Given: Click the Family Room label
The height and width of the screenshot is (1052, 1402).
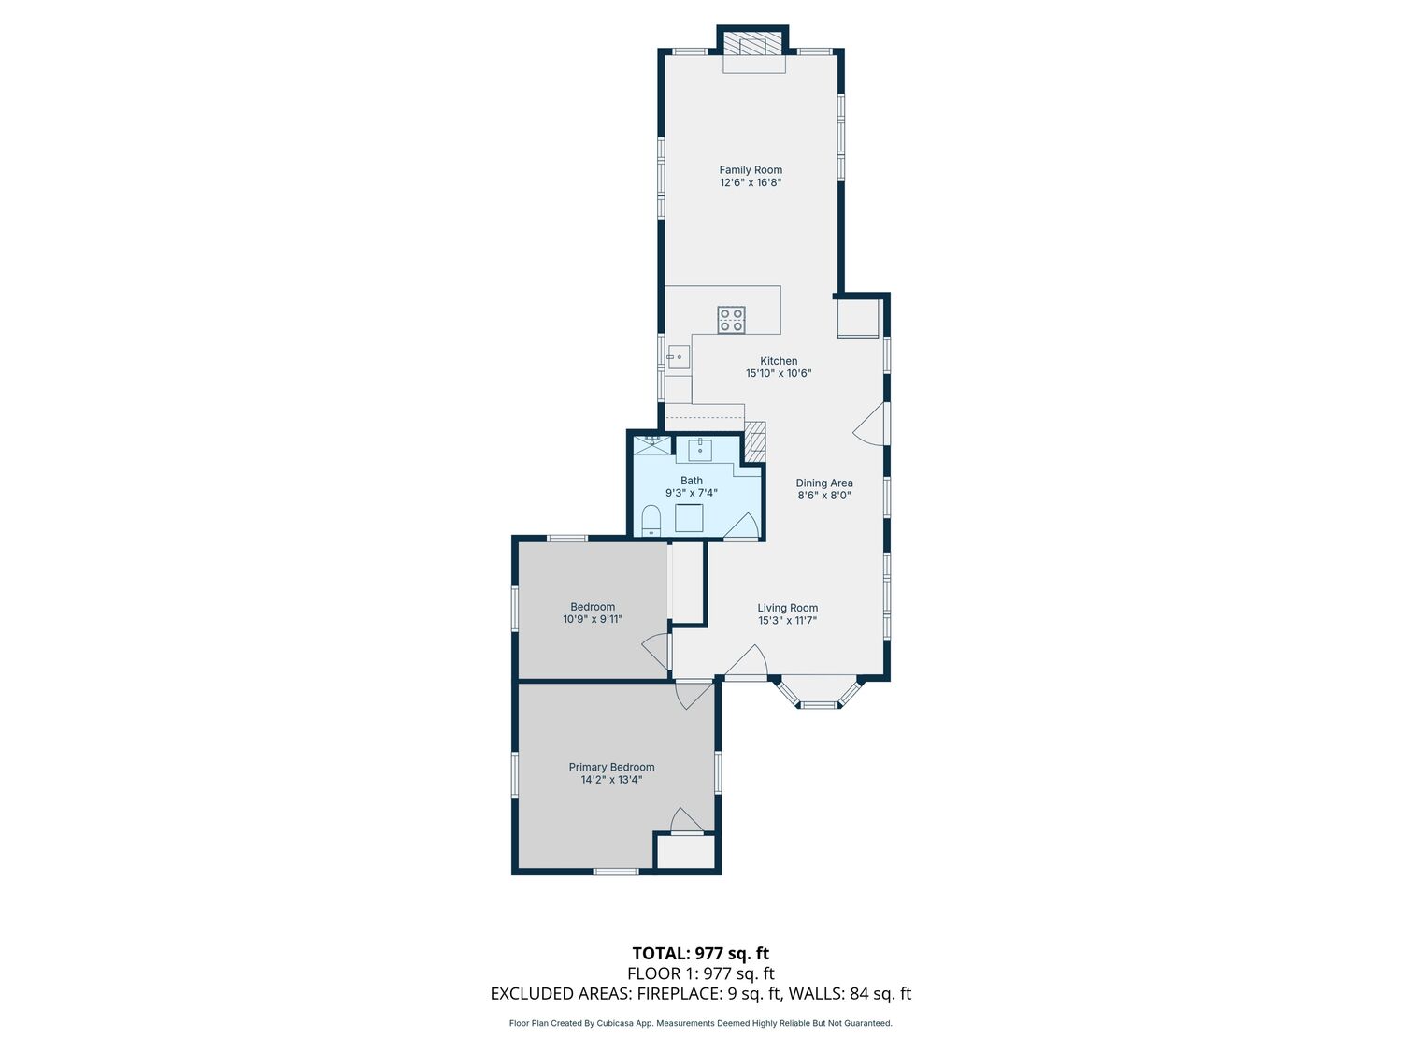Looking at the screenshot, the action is point(751,170).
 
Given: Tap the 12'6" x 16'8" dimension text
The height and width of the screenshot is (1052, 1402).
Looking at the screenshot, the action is point(751,182).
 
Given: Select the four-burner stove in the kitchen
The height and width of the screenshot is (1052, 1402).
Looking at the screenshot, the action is point(731,320).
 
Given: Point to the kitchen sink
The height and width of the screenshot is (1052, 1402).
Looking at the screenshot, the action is point(679,357).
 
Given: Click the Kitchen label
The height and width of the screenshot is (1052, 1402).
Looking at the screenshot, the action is point(779,361).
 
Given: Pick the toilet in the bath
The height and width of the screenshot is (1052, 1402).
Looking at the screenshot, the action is point(651,519).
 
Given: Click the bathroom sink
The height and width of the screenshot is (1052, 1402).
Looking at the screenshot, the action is point(701,450).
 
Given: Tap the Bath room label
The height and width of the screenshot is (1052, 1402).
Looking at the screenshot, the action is point(691,481).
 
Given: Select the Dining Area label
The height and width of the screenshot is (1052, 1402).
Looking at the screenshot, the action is point(824,483).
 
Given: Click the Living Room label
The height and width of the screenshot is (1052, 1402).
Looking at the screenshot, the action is point(788,608).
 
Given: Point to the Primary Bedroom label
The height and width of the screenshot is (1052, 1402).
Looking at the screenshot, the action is point(612,767).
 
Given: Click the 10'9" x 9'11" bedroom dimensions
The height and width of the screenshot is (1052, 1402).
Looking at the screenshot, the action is point(593,619).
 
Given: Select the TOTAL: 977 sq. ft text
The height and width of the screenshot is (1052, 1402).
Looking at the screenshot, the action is point(701,954).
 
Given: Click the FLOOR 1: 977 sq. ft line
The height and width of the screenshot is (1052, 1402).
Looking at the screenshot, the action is point(701,973).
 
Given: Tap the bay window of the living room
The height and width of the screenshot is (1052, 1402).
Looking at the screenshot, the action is point(820,694).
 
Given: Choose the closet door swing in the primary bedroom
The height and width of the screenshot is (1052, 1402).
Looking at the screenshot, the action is point(685,820).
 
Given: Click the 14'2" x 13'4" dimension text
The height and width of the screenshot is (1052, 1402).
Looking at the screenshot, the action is point(612,780).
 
